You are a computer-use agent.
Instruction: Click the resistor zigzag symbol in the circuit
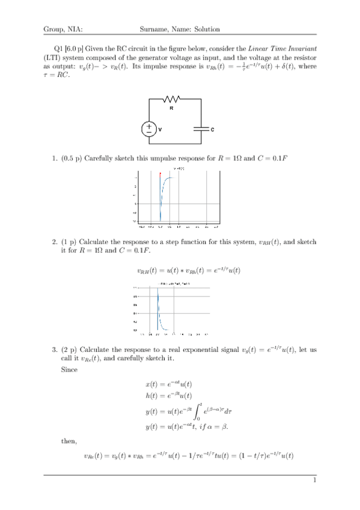click(x=172, y=99)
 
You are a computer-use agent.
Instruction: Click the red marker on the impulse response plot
click(x=160, y=174)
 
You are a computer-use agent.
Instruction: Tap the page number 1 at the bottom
click(x=314, y=481)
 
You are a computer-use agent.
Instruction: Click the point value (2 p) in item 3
click(x=68, y=348)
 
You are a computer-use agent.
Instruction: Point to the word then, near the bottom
click(x=69, y=440)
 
